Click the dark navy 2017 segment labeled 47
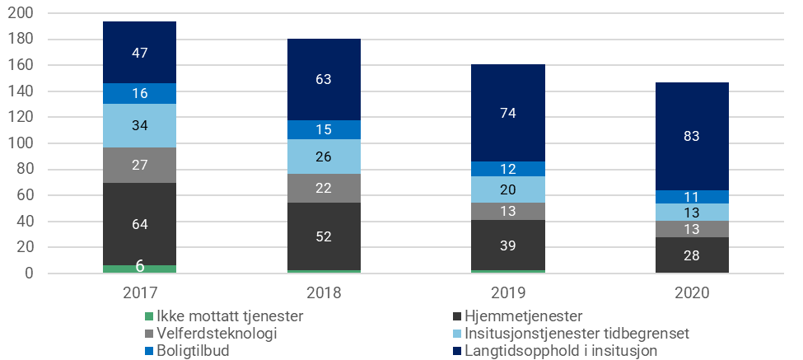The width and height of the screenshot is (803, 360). tap(139, 53)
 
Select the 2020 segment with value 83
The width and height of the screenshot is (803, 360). tap(692, 137)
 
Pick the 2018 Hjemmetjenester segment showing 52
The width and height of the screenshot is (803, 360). tap(324, 236)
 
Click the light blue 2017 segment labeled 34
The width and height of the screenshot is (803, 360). tap(139, 125)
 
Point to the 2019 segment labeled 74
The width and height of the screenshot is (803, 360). tap(508, 113)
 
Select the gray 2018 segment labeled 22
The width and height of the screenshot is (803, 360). tap(324, 188)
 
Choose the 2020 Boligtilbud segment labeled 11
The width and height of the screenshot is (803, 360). tap(692, 197)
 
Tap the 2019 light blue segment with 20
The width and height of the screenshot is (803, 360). tap(508, 189)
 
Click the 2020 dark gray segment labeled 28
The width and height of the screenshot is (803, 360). tap(692, 255)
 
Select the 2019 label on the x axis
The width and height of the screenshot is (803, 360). tap(508, 293)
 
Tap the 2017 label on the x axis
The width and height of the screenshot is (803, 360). tap(139, 293)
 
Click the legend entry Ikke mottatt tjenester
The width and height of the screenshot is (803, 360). tap(223, 316)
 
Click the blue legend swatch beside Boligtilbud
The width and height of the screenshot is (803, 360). tap(149, 351)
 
